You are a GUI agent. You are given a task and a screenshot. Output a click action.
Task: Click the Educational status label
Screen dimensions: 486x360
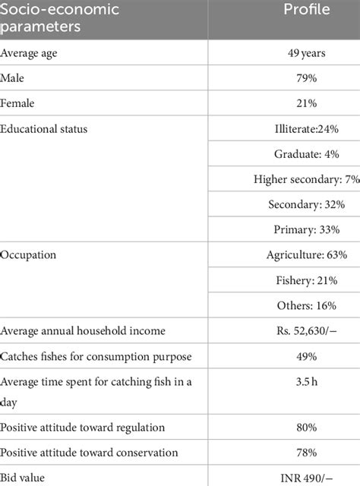44,129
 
